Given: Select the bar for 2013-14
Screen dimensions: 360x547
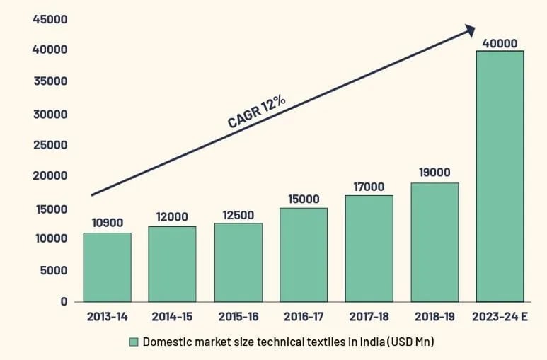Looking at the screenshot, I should point(107,267).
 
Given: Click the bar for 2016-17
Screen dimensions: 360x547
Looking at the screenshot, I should point(304,255).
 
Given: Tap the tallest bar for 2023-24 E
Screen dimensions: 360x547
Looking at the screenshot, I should point(500,175).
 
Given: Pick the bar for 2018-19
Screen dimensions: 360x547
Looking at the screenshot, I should point(434,242).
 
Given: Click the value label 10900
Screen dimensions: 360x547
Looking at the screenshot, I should point(107,223).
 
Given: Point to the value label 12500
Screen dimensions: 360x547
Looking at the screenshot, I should point(238,214).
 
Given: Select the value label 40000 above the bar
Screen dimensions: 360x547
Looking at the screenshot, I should point(500,43).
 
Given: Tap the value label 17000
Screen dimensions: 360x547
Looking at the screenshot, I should point(369,187).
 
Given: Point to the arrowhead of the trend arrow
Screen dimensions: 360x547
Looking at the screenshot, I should point(468,30).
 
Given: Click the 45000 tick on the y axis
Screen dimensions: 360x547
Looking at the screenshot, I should point(50,19).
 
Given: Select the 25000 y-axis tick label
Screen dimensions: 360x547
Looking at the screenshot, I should point(50,145).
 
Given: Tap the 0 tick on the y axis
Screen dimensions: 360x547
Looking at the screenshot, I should point(64,301).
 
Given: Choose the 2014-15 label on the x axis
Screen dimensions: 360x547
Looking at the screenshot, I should point(172,317).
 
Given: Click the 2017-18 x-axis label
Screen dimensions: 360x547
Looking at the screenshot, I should point(369,317).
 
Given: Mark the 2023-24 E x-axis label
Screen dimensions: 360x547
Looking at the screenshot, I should point(500,317).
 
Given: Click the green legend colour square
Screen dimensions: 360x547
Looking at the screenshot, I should point(134,342).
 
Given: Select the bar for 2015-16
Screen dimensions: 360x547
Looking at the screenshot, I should point(238,262).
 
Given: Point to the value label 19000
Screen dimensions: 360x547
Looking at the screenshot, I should point(434,173).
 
